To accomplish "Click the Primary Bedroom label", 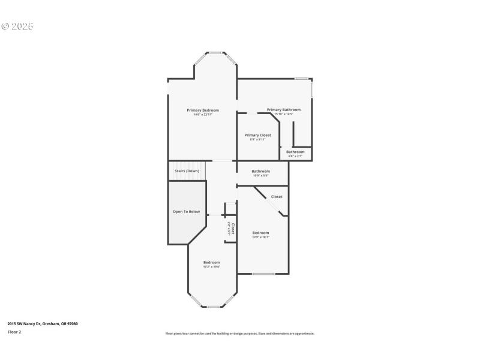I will coord(203,110).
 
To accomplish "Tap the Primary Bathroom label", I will coord(284,110).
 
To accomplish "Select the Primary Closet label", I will coord(257,135).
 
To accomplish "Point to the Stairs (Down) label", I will coord(187,171).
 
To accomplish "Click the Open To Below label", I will coord(186,212).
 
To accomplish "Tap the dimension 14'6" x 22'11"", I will coord(203,115).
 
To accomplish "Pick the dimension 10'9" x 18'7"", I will coord(260,237).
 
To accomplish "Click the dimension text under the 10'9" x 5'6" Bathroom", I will coord(260,176).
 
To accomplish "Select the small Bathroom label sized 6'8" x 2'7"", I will coord(295,152).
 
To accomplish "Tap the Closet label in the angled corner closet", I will coord(277,197).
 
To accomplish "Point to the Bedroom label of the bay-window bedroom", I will coord(212,262).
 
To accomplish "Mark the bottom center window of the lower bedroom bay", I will coord(212,307).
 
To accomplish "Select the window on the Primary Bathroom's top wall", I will coord(302,79).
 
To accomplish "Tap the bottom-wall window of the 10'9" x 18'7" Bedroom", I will coord(263,274).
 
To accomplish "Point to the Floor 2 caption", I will coord(14,332).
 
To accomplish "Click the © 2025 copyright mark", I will coord(17,26).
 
